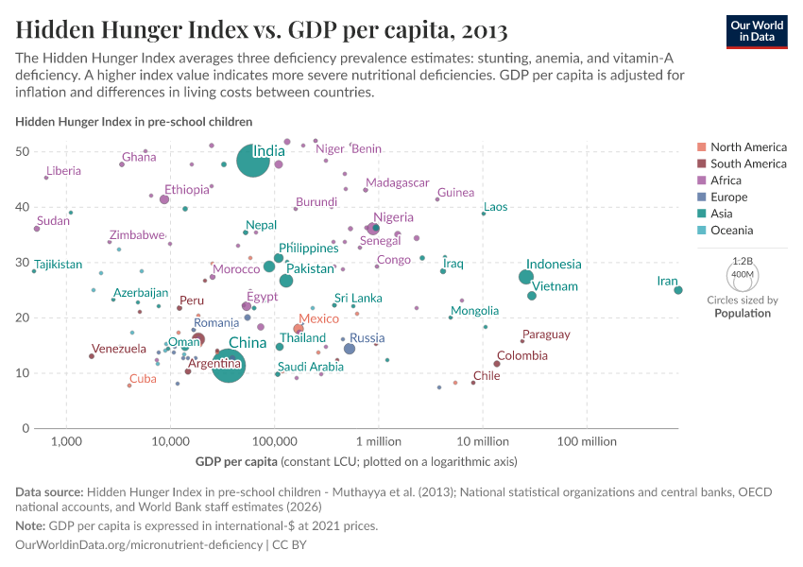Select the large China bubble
[228, 365]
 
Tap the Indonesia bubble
[526, 277]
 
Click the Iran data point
[678, 290]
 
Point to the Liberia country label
[63, 171]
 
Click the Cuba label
[143, 379]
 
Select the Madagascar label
[398, 183]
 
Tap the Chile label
[487, 375]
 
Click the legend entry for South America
[748, 163]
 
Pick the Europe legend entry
[728, 198]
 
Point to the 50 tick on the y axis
[44, 152]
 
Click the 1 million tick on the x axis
[378, 441]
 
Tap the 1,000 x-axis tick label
[66, 441]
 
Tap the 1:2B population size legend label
[743, 260]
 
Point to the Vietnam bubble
[532, 296]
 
